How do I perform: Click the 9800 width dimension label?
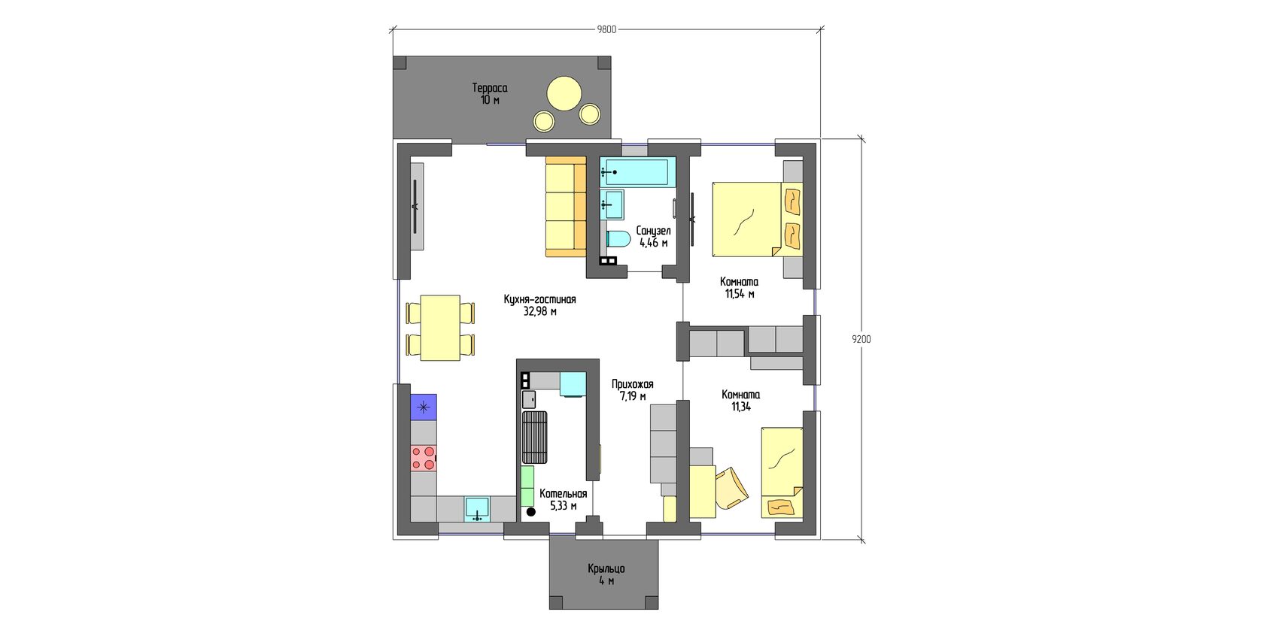click(606, 29)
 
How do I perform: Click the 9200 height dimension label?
click(861, 339)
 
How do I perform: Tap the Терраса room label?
click(490, 88)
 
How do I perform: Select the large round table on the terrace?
click(564, 93)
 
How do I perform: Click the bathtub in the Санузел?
click(638, 171)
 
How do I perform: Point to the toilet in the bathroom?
click(618, 239)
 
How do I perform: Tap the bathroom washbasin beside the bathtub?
click(612, 204)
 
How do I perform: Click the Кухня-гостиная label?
click(540, 299)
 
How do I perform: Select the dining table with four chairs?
click(440, 328)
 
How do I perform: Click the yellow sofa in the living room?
click(566, 207)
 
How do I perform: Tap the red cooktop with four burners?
click(423, 458)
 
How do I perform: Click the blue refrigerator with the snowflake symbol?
click(423, 407)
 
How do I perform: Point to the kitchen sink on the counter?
click(478, 508)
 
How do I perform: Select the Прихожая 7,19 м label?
click(633, 390)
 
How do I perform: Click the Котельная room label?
click(563, 494)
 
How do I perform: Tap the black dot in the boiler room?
click(531, 512)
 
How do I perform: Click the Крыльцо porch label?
click(606, 569)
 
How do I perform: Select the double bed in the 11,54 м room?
click(757, 220)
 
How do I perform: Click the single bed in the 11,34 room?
click(782, 472)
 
